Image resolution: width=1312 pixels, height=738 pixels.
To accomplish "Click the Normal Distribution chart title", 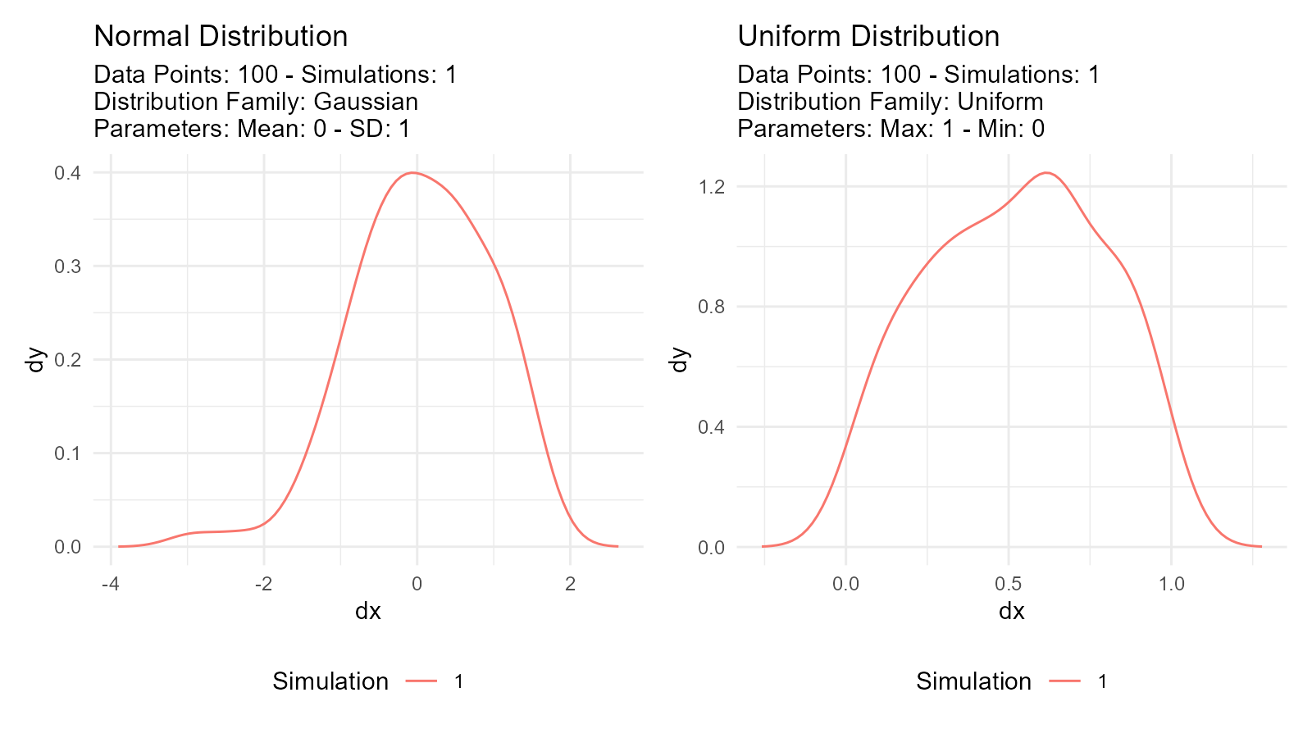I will (221, 36).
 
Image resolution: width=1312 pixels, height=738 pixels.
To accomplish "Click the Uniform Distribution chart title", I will (868, 36).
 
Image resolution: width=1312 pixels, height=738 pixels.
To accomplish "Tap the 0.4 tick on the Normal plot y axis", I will (67, 173).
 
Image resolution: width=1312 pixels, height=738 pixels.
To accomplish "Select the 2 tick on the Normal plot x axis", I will (571, 584).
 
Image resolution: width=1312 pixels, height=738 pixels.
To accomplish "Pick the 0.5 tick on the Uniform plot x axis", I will (1009, 584).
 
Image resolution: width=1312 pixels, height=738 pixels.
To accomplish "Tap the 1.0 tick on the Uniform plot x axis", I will (1172, 584).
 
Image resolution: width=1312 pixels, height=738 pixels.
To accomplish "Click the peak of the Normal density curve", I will (415, 173).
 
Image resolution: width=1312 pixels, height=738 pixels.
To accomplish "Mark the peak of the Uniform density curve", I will (1046, 173).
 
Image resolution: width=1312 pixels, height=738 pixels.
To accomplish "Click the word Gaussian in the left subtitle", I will (366, 102).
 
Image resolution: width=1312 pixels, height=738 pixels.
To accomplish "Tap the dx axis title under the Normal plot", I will (367, 611).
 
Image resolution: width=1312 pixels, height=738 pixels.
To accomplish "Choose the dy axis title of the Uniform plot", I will (679, 359).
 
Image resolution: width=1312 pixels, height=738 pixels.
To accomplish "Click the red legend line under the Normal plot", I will (421, 681).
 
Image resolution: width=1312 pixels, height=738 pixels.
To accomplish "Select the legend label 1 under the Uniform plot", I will (1103, 681).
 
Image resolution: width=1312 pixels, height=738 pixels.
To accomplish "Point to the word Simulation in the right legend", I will (973, 681).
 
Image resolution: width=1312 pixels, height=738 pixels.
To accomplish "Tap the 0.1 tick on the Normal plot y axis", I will (67, 453).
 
